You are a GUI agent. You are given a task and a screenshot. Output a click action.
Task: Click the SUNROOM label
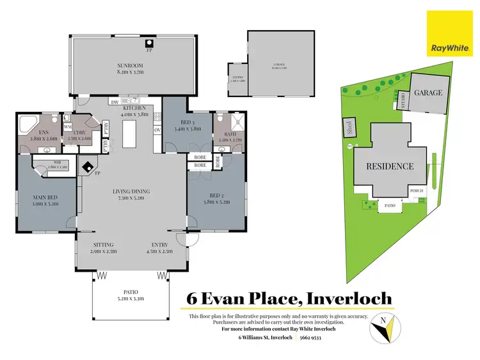(130, 66)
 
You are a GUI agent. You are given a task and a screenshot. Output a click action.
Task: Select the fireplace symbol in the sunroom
(149, 43)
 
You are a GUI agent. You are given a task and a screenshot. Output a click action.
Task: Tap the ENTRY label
(160, 245)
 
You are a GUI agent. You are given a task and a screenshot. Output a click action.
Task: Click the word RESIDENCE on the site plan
(390, 166)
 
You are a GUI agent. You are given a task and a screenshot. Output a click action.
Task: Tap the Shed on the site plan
(349, 126)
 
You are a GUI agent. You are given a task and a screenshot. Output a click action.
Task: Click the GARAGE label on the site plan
(428, 93)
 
